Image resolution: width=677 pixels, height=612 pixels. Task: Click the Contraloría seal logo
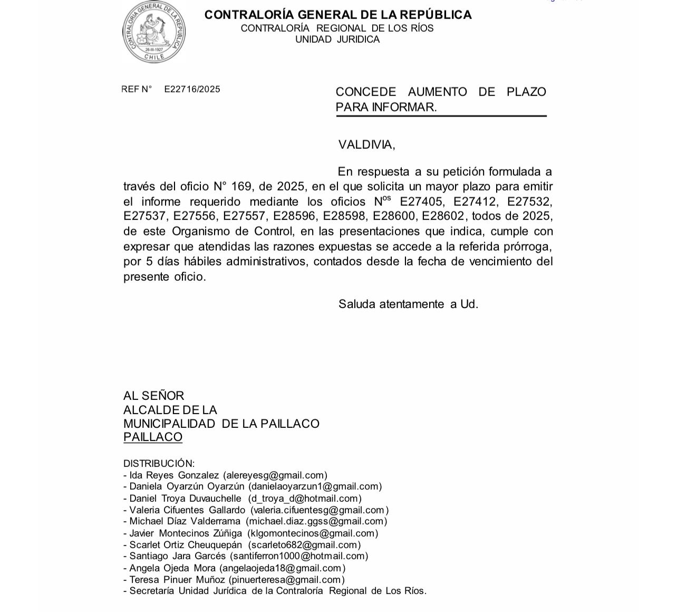[x=154, y=32]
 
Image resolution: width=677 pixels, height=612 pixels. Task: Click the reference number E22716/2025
[x=192, y=89]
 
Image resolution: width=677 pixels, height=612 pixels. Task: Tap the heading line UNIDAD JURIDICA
[x=337, y=40]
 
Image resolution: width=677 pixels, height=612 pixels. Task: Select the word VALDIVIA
[x=366, y=145]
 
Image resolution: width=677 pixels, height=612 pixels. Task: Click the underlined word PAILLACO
[x=153, y=437]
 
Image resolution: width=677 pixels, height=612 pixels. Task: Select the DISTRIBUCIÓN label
[x=159, y=463]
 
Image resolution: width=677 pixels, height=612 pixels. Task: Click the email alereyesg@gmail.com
[x=275, y=475]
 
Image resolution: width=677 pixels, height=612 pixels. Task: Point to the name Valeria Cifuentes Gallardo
[x=187, y=510]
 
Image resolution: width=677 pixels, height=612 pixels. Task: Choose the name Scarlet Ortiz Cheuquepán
[x=186, y=544]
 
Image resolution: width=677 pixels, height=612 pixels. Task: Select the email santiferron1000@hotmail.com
[x=298, y=556]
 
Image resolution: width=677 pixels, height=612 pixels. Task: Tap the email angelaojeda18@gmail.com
[x=282, y=568]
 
